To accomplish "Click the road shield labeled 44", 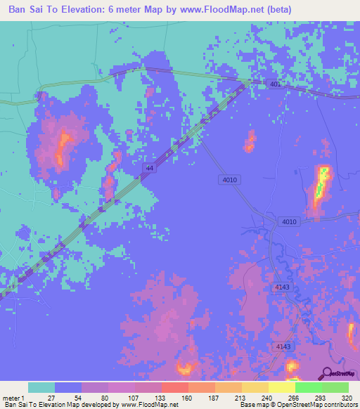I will tap(150, 169).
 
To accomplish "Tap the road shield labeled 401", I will tap(274, 84).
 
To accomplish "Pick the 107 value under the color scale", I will tap(136, 397).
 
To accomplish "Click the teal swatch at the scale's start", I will tap(41, 387).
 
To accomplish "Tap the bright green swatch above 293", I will tap(308, 387).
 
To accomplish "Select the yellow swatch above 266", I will tap(281, 387).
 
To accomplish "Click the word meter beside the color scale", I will tap(13, 397).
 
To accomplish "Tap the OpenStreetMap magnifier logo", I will tap(328, 373).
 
